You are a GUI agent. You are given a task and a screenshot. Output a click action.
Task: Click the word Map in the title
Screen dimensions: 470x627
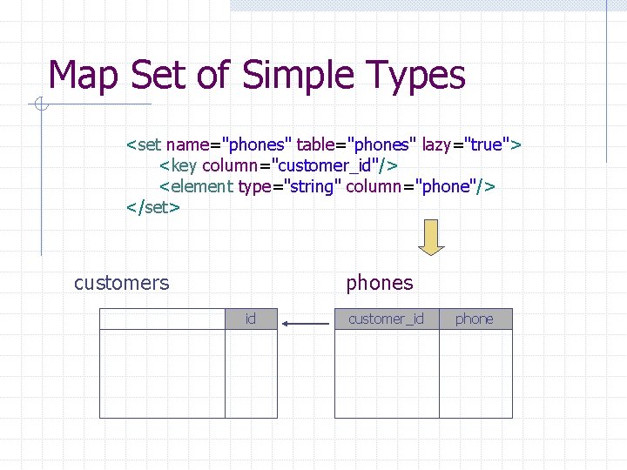click(x=85, y=76)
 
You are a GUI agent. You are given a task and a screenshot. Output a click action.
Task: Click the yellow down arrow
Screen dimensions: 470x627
click(x=431, y=237)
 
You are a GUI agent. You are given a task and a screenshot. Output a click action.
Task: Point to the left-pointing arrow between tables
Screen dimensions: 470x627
click(x=306, y=325)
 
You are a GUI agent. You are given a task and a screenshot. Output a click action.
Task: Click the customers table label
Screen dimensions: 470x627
click(x=122, y=283)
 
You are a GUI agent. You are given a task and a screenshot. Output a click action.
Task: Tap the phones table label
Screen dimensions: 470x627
click(x=380, y=283)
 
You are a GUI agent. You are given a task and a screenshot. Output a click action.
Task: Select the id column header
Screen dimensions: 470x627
click(x=251, y=319)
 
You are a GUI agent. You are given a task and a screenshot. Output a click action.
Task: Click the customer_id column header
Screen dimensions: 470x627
click(x=386, y=319)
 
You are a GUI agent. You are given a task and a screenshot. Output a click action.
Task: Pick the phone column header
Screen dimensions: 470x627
click(x=474, y=319)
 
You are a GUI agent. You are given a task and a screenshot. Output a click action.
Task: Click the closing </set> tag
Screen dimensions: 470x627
click(x=153, y=207)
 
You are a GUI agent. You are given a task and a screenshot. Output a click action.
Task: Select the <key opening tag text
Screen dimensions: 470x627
click(x=179, y=165)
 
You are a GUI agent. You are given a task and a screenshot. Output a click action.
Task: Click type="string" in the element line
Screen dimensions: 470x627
click(x=289, y=186)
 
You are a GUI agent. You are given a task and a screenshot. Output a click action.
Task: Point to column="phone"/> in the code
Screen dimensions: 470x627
click(x=421, y=186)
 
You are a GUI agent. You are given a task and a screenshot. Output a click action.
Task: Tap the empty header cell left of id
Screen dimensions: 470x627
click(x=162, y=319)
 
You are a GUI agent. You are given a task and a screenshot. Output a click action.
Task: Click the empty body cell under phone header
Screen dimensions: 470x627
click(x=475, y=373)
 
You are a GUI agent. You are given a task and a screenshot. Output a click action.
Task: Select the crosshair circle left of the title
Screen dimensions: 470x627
click(x=41, y=106)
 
